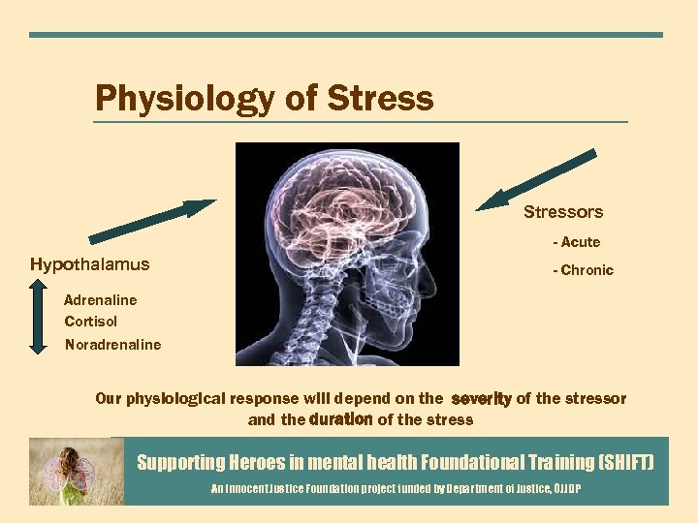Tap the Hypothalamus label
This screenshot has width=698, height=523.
coord(90,264)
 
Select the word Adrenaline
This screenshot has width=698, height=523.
coord(101,300)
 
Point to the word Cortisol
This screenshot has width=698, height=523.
coord(91,322)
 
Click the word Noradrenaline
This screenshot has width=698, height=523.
coord(113,345)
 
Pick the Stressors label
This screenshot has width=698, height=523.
coord(563,212)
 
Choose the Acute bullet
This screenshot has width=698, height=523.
coord(579,242)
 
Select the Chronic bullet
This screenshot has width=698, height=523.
coord(586,270)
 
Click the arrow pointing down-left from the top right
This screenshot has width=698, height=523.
coord(537,178)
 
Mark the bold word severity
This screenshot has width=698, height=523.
coord(481,399)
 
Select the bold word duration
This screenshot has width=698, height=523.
coord(340,419)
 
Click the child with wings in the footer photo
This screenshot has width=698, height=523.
coord(74,473)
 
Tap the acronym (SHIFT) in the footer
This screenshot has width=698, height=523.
coord(619,463)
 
